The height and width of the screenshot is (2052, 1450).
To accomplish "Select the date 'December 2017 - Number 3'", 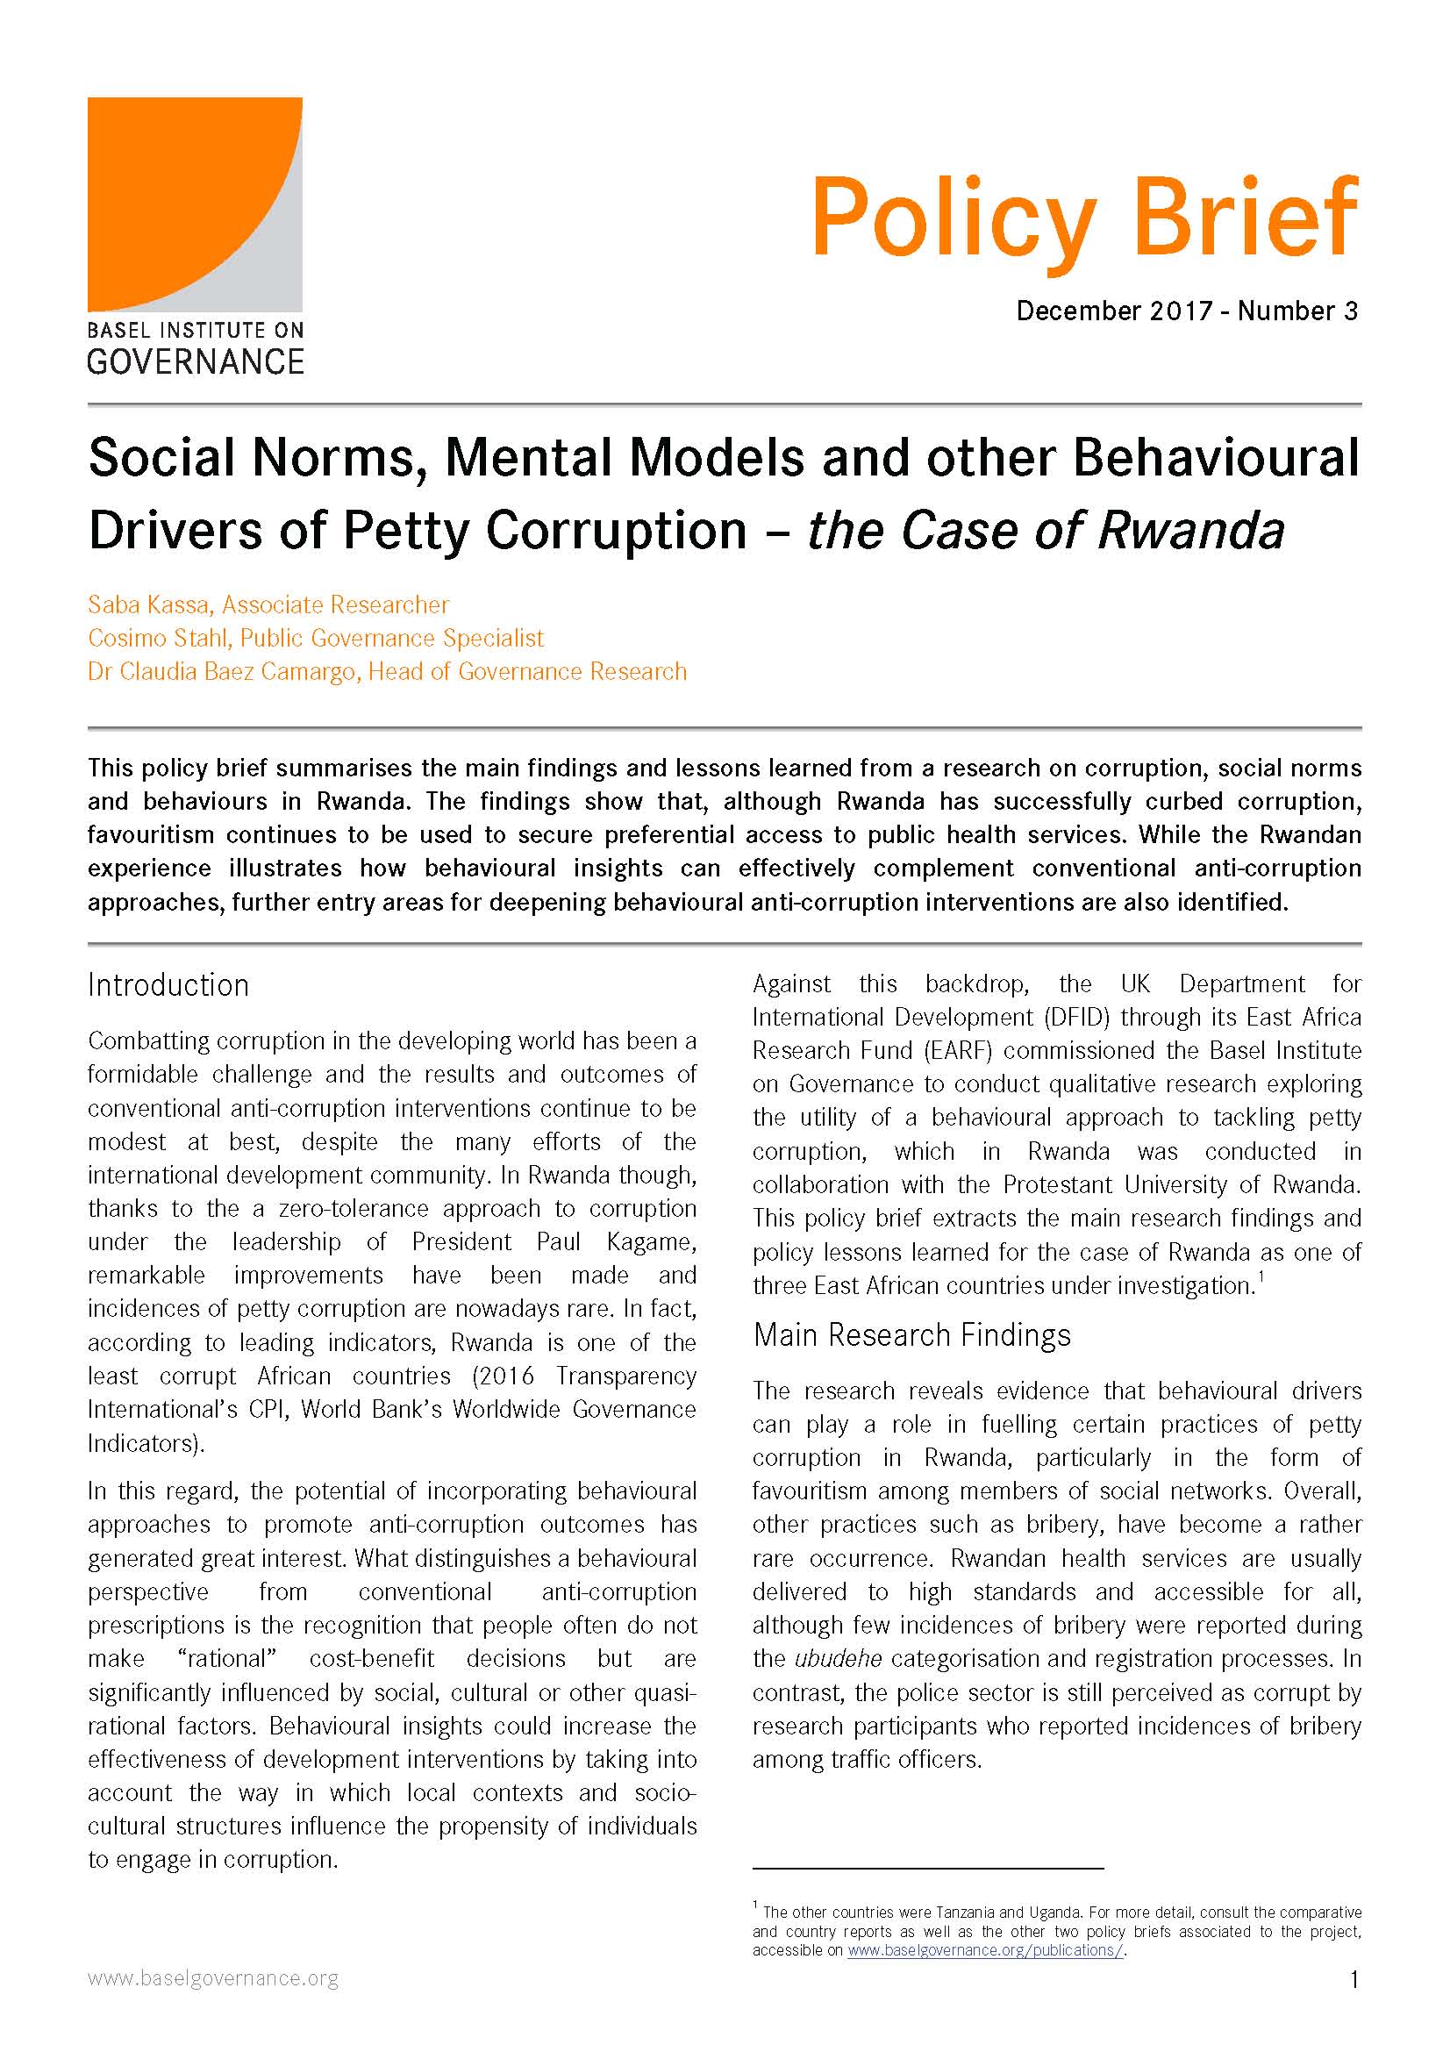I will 1187,311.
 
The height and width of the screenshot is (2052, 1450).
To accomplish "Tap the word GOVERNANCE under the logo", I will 196,362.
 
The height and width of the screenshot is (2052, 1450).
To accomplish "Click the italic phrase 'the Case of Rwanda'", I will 1046,531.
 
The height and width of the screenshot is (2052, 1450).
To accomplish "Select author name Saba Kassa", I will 149,605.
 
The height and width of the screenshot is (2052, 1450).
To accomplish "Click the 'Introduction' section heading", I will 168,985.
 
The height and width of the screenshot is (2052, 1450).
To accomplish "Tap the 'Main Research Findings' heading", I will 911,1334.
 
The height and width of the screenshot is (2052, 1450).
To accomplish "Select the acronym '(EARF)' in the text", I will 957,1050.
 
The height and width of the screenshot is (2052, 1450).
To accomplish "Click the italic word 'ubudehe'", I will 838,1659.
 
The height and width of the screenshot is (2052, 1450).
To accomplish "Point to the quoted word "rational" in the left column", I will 227,1659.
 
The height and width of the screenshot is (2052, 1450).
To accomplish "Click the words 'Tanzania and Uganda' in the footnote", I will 1009,1912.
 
